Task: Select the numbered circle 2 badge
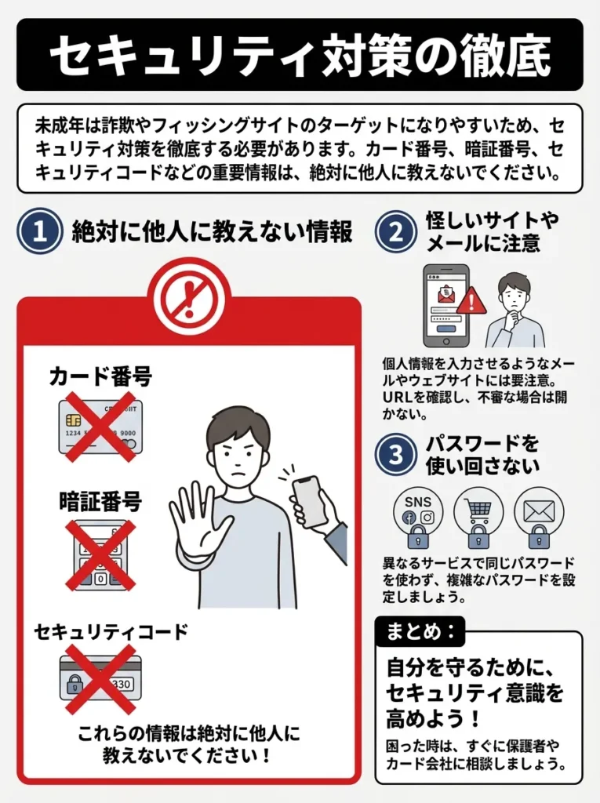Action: click(x=396, y=231)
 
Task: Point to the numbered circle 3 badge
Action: click(x=396, y=454)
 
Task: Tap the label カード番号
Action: click(x=100, y=376)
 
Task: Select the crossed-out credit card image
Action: click(x=100, y=427)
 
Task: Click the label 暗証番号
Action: click(x=100, y=500)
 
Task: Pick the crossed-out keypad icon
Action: click(x=100, y=554)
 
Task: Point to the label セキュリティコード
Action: click(x=111, y=631)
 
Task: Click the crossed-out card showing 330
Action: click(x=100, y=678)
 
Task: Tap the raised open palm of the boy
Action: click(x=195, y=521)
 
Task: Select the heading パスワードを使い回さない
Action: click(x=482, y=454)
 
